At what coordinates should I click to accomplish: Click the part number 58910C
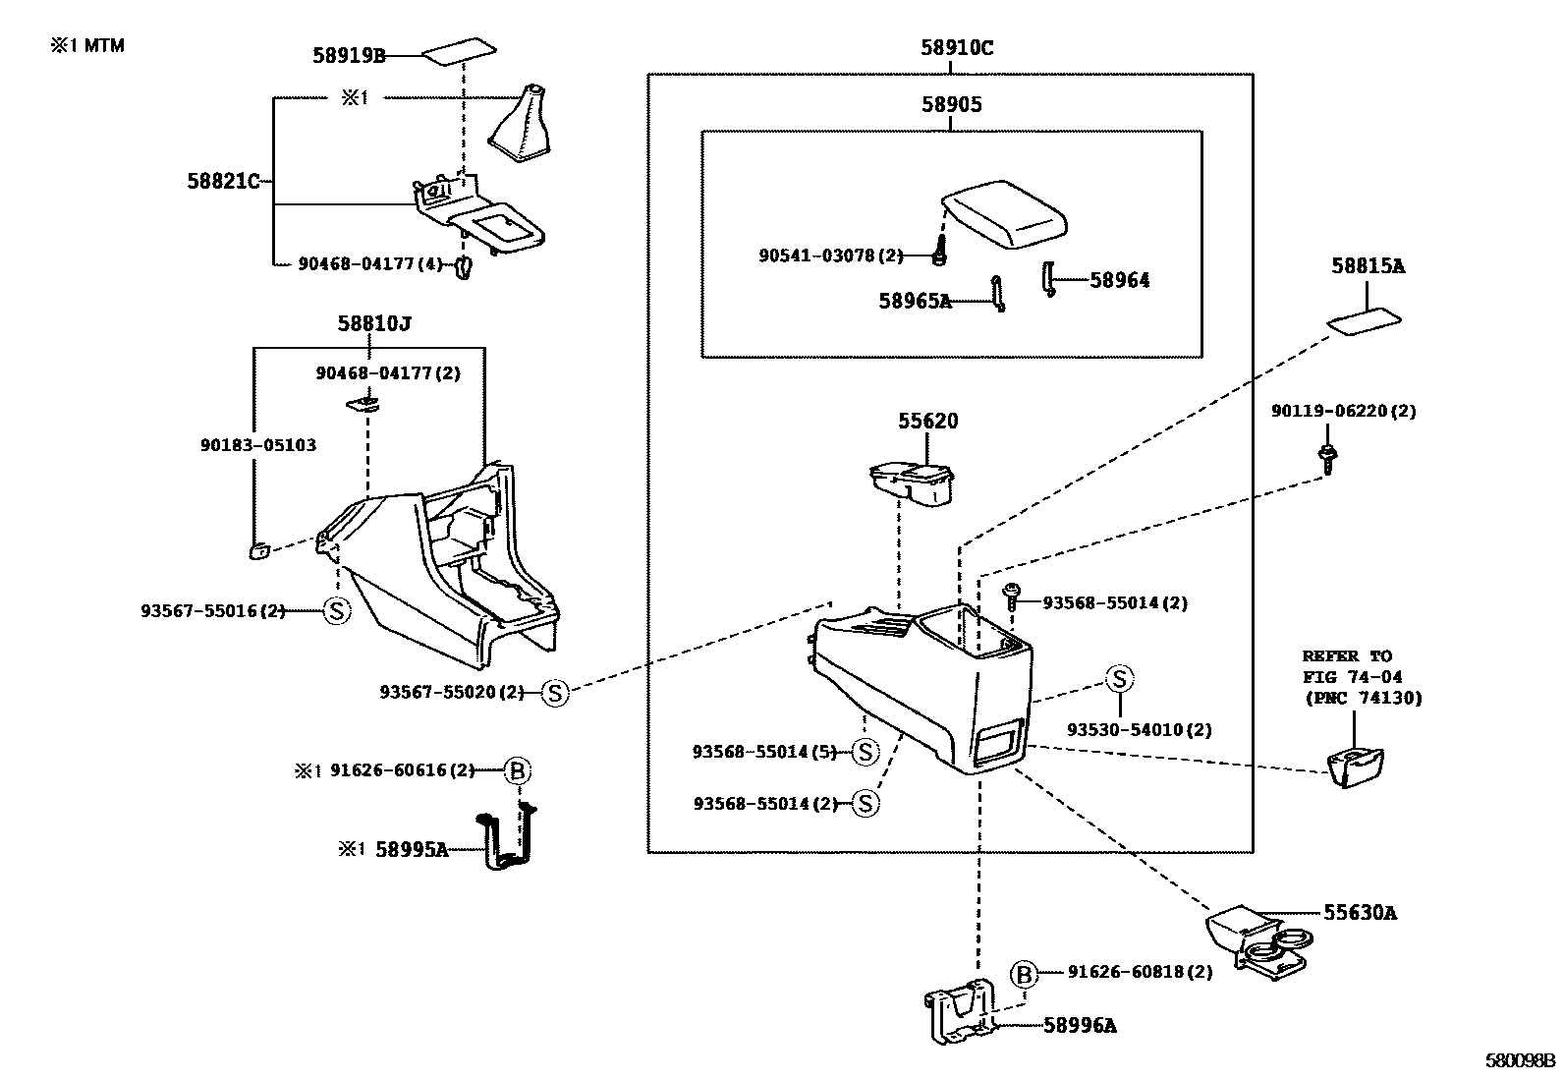click(956, 47)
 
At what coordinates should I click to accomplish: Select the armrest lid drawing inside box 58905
click(1007, 211)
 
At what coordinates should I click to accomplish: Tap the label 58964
click(1119, 280)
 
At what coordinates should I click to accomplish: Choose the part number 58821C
click(223, 181)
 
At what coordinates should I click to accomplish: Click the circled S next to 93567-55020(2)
click(555, 693)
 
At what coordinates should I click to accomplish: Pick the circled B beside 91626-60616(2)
click(517, 771)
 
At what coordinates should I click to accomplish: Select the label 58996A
click(1079, 1026)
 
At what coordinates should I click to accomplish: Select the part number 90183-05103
click(257, 445)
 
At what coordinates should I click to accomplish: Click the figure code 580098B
click(1520, 1061)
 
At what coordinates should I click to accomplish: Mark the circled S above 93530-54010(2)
click(1119, 679)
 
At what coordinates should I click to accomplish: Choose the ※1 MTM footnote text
click(87, 45)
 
